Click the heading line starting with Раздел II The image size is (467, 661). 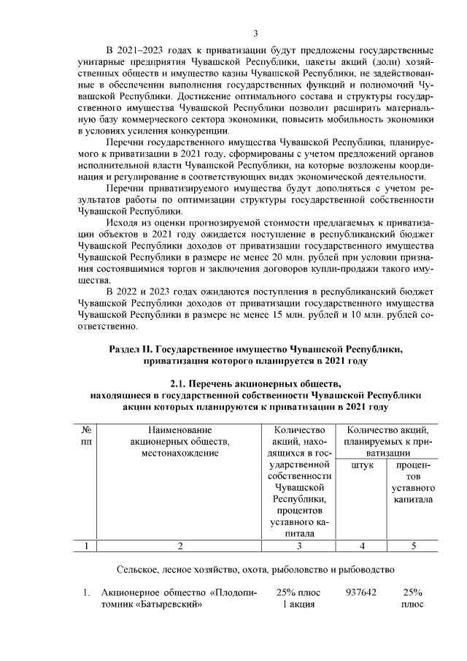coord(255,349)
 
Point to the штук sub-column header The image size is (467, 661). coord(362,466)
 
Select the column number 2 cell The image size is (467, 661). coord(179,545)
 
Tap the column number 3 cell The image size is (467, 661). coord(298,545)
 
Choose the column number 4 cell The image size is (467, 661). coord(362,545)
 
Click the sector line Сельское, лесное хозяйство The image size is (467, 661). coord(255,568)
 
